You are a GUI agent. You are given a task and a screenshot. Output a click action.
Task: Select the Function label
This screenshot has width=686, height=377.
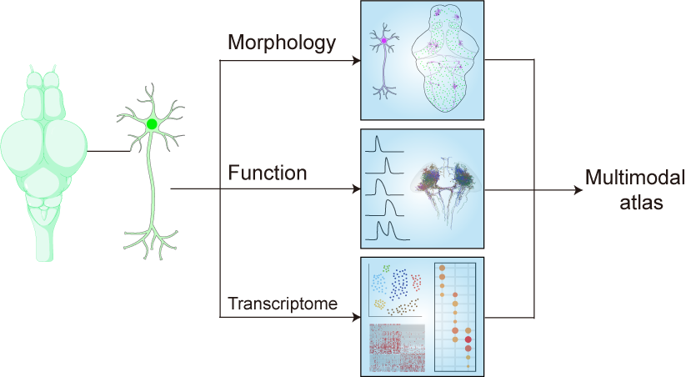(268, 173)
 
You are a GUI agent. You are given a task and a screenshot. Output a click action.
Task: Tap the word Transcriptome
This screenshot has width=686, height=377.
(283, 304)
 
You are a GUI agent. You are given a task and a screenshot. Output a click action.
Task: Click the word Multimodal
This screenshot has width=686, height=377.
(635, 178)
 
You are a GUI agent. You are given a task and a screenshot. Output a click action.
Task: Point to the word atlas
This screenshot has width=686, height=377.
(635, 202)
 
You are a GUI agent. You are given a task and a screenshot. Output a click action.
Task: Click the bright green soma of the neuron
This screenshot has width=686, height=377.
(152, 124)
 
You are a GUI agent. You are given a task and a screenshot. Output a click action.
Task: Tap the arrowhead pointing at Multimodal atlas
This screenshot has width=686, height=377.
(576, 189)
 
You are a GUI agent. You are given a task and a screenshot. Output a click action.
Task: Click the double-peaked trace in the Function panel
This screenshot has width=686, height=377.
(385, 229)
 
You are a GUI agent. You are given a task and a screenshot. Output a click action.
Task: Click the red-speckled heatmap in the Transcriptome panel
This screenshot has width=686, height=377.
(397, 347)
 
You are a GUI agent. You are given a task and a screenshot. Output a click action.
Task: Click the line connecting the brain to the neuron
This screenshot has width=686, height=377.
(107, 151)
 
